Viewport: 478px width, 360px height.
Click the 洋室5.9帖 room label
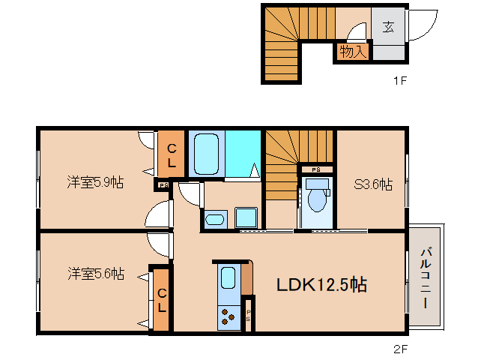point(94,182)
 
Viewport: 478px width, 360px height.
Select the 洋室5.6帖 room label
point(94,273)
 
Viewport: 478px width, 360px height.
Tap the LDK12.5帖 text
point(321,285)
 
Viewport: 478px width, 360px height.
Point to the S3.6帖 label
point(372,184)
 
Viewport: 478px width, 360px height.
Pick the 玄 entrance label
point(387,28)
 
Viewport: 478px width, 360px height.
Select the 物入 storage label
point(352,52)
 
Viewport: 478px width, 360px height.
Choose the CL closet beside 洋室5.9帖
point(172,154)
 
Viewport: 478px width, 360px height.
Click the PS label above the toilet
point(316,169)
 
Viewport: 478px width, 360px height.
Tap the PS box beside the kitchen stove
point(249,315)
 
